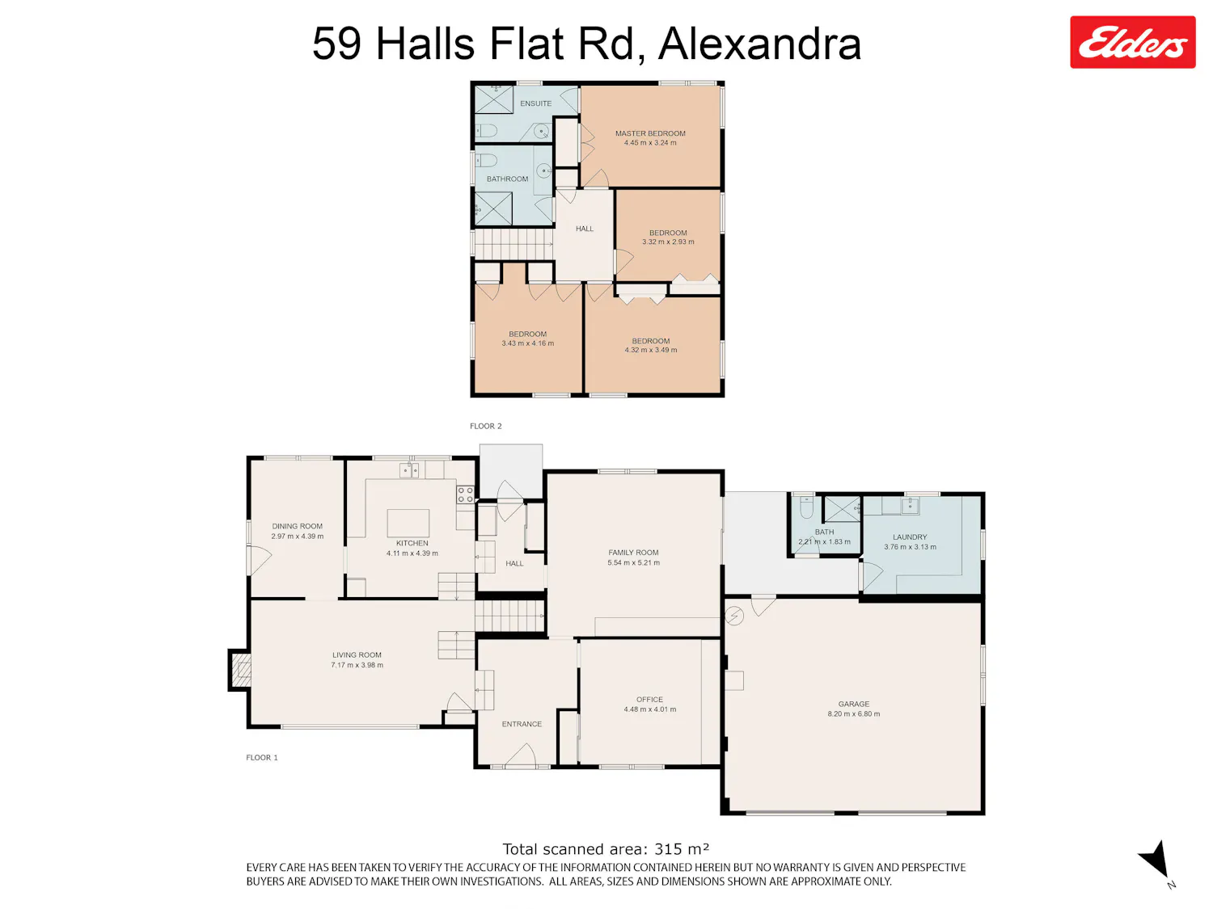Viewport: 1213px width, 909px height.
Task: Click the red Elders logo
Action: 1132,42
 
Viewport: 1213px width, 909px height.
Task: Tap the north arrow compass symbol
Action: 1156,860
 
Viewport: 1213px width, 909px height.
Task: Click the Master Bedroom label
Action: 650,133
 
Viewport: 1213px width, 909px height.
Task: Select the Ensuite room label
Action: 535,103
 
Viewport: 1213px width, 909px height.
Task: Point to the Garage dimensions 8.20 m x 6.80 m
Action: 853,714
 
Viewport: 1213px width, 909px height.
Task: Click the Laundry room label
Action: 910,537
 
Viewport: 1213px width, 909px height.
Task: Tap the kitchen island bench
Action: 408,523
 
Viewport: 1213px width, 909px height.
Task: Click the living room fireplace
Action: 240,670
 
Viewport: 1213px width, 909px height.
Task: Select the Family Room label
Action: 633,553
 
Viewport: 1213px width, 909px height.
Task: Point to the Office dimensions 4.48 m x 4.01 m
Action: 650,709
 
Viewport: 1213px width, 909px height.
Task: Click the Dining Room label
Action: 297,526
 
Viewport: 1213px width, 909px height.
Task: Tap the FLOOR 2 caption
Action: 486,426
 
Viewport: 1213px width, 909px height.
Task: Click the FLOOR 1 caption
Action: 262,757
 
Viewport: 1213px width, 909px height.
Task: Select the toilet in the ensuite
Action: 487,132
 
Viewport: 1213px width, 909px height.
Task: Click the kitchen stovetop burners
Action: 465,494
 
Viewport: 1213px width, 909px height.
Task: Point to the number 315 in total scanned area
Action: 667,849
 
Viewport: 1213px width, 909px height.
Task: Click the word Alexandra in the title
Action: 760,44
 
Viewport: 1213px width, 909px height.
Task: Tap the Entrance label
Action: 522,724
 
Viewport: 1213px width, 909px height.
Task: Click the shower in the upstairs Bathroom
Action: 493,208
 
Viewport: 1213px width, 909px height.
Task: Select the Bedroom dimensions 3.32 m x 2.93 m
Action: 668,242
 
